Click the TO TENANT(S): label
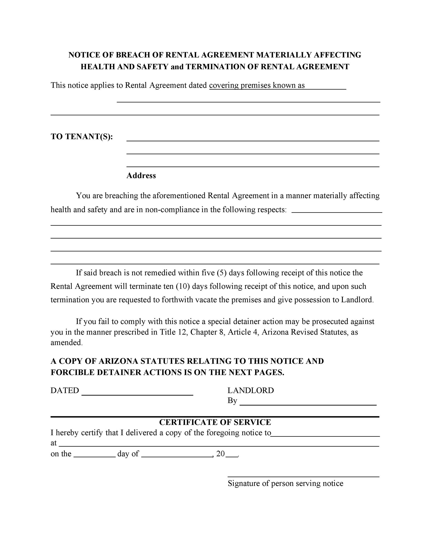[x=81, y=137]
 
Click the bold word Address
[x=141, y=176]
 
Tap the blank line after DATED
[x=137, y=394]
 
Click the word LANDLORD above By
[x=250, y=390]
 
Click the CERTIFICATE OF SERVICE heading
[x=215, y=422]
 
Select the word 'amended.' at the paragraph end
[x=67, y=343]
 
